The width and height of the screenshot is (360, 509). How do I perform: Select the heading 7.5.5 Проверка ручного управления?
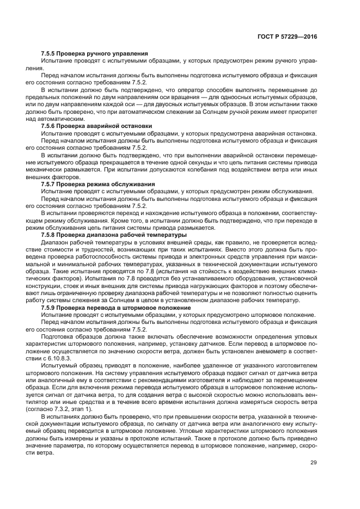94,53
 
